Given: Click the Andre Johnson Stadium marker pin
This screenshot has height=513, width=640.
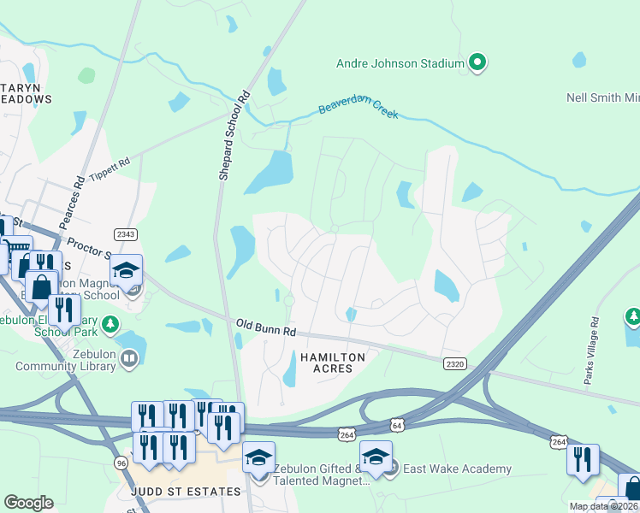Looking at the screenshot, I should (x=478, y=62).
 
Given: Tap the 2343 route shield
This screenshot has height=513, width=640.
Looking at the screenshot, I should (x=125, y=234).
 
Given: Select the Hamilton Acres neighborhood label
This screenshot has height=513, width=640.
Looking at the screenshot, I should (x=332, y=363).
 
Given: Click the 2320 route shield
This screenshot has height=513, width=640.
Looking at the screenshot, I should (x=455, y=363).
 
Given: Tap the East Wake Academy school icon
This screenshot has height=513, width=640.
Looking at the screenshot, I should (x=376, y=457).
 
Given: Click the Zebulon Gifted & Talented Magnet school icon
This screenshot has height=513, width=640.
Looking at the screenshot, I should (x=258, y=457).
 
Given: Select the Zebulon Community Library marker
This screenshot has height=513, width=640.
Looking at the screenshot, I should (x=129, y=359).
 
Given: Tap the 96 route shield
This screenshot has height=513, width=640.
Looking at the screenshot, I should (x=121, y=463).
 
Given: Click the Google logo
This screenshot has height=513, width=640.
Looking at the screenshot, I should (x=28, y=503).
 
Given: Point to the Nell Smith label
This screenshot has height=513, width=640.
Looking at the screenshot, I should (x=604, y=97).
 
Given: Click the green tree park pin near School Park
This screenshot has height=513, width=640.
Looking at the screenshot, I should (x=110, y=325).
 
